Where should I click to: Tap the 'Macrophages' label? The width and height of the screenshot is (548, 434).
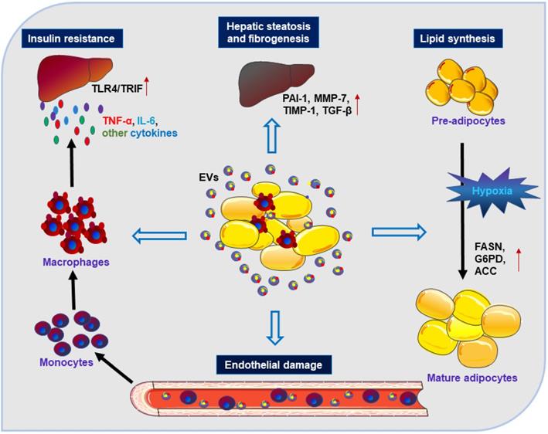[74, 263]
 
